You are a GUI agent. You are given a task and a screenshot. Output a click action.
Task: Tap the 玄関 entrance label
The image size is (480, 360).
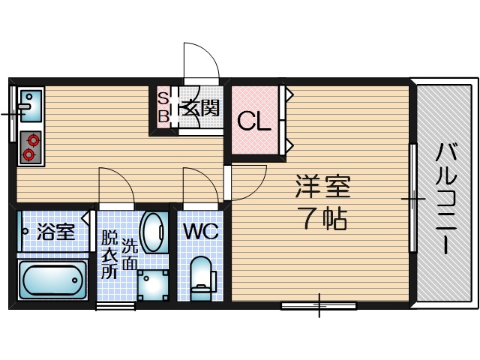[x=200, y=109]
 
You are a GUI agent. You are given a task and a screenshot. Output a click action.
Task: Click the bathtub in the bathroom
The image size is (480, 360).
[x=52, y=280]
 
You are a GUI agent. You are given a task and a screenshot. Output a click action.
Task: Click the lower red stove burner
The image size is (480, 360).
[x=29, y=154]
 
